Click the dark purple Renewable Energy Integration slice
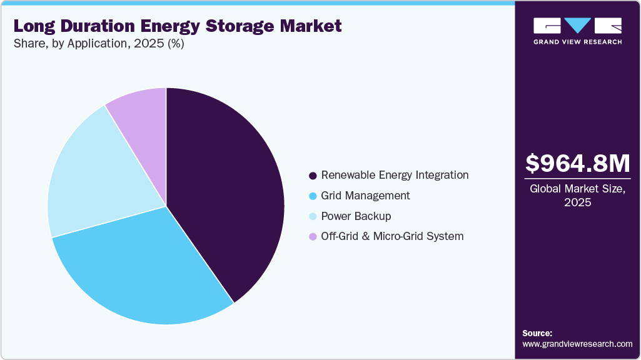(x=225, y=187)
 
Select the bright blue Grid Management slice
(x=144, y=269)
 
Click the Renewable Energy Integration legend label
(x=395, y=175)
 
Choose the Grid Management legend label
(x=365, y=196)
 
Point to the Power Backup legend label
(x=356, y=216)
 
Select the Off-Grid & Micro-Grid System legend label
(x=392, y=236)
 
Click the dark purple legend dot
(x=313, y=176)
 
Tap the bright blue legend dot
(x=313, y=196)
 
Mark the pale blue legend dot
(x=313, y=216)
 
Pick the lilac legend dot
(x=313, y=237)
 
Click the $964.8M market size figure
(x=578, y=164)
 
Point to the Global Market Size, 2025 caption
(x=578, y=196)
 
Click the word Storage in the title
(x=245, y=26)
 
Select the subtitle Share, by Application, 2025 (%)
(x=98, y=44)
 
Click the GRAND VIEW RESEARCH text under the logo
(x=577, y=42)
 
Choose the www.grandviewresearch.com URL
(x=577, y=344)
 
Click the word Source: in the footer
(x=537, y=333)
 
